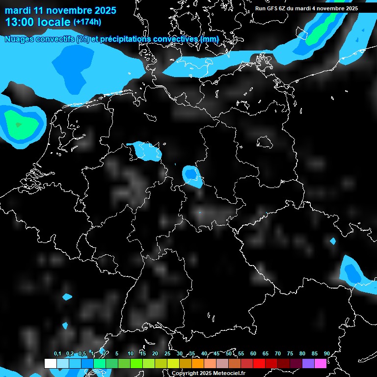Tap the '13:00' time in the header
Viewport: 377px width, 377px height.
tap(19, 22)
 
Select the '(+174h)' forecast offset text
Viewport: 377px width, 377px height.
tap(87, 22)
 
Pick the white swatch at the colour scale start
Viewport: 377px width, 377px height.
tap(50, 363)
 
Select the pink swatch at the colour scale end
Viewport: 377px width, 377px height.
tap(321, 363)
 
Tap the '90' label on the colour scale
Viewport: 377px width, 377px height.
tap(327, 354)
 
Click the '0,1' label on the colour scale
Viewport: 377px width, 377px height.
tap(57, 354)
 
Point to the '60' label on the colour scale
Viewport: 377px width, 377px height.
tap(253, 354)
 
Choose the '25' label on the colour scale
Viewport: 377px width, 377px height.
tap(167, 354)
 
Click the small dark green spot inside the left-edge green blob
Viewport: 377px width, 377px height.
tap(18, 125)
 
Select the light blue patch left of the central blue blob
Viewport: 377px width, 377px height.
tap(147, 150)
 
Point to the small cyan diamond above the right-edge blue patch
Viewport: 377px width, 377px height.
tap(333, 241)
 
